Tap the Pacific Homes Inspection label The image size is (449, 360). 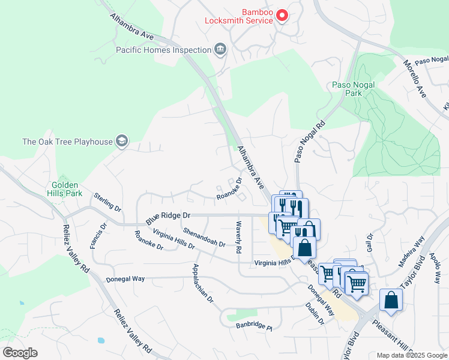pyautogui.click(x=162, y=50)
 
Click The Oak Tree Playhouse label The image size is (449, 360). pyautogui.click(x=67, y=142)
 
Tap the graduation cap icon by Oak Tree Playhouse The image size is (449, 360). pyautogui.click(x=122, y=141)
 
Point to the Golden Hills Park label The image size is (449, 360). pyautogui.click(x=67, y=189)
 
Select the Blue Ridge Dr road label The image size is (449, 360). pyautogui.click(x=168, y=215)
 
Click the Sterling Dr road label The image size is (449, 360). pyautogui.click(x=107, y=202)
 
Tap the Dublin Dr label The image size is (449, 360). pyautogui.click(x=314, y=313)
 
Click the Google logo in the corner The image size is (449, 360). pyautogui.click(x=20, y=352)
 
